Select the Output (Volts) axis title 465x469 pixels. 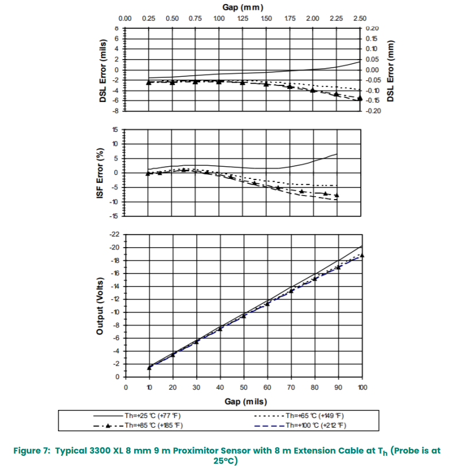pyautogui.click(x=100, y=306)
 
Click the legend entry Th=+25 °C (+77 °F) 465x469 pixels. pyautogui.click(x=153, y=415)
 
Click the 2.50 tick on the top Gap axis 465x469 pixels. pyautogui.click(x=360, y=19)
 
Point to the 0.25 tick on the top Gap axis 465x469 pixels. pyautogui.click(x=149, y=19)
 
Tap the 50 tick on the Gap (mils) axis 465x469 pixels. pyautogui.click(x=244, y=388)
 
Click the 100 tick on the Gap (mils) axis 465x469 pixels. pyautogui.click(x=361, y=388)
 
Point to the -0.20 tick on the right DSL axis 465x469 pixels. pyautogui.click(x=373, y=111)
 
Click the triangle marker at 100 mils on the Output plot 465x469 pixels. pyautogui.click(x=362, y=256)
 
